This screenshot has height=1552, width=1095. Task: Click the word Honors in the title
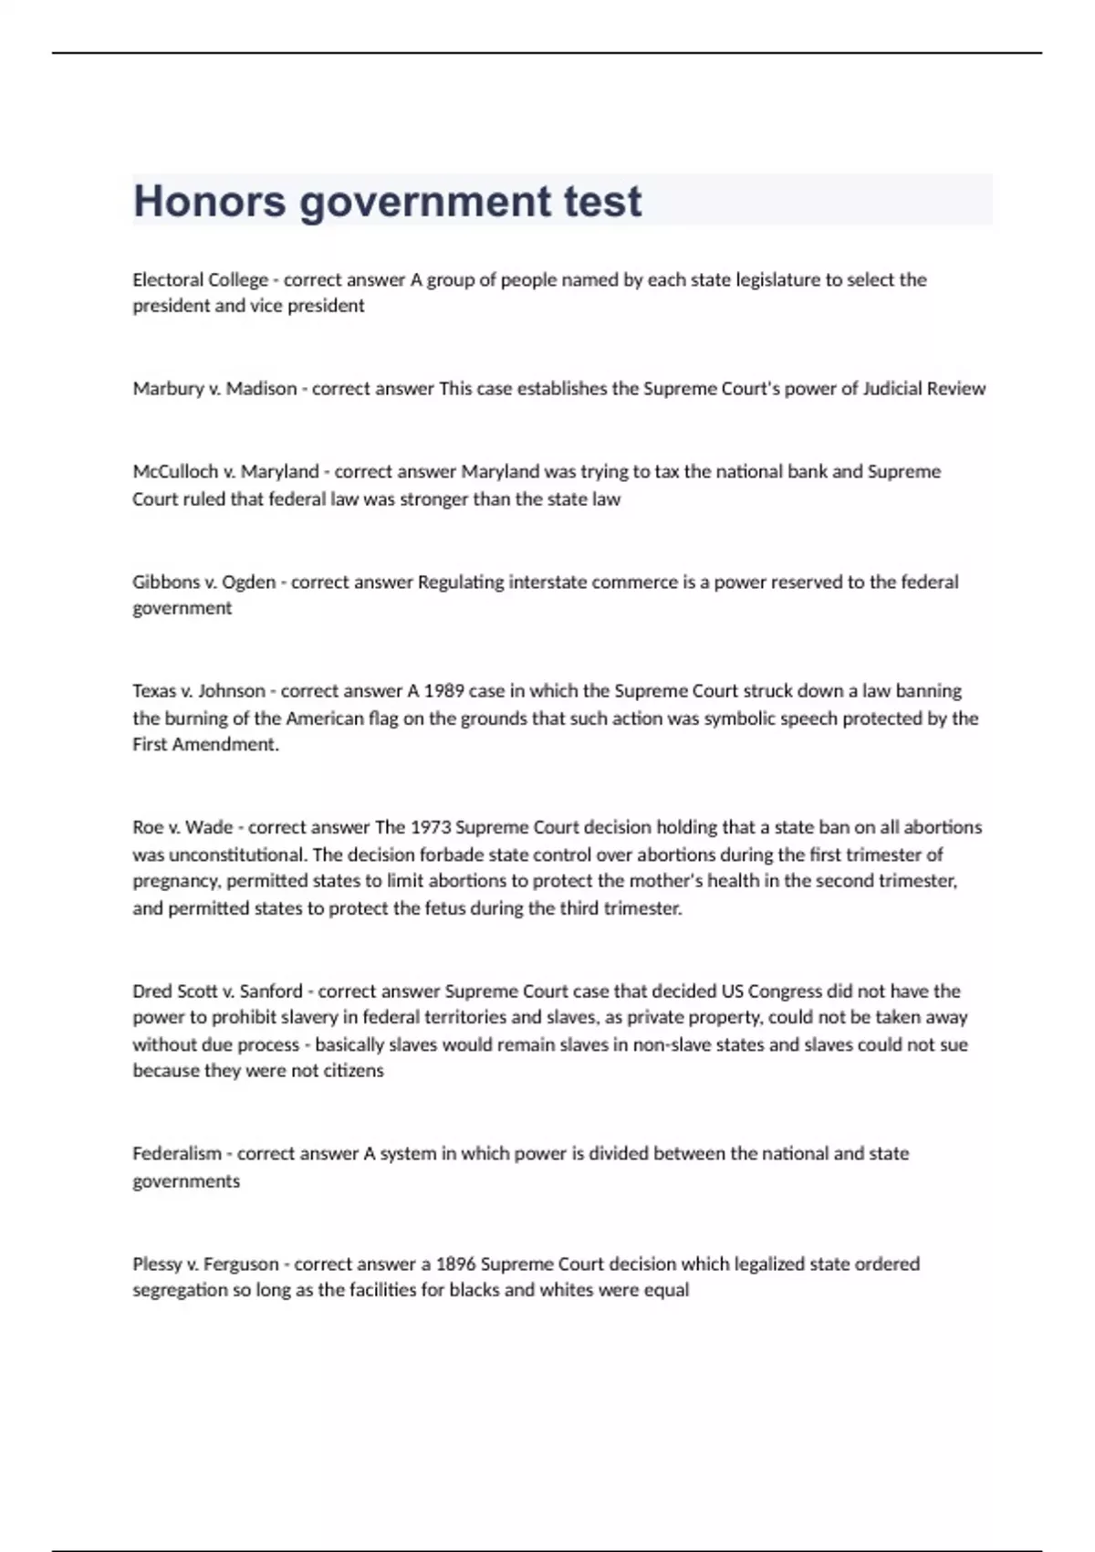(209, 201)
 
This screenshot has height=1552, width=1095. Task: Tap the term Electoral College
(200, 280)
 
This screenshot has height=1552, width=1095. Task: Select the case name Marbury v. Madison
(214, 389)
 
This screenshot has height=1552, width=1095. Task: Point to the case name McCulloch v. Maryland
(225, 472)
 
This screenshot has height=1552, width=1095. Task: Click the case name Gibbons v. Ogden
(203, 582)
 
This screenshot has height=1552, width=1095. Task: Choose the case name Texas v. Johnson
(198, 691)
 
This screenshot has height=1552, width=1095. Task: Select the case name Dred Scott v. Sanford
(217, 991)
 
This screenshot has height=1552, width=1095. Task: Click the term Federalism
(176, 1154)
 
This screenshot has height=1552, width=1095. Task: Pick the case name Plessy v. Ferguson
(205, 1264)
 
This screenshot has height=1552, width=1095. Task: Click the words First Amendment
(205, 745)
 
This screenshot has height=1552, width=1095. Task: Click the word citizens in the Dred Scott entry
(353, 1071)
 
